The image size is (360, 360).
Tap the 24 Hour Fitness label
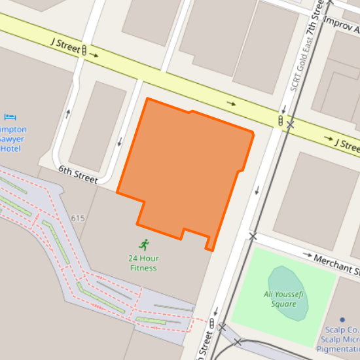pyautogui.click(x=143, y=262)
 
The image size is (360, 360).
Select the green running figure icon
pyautogui.click(x=143, y=245)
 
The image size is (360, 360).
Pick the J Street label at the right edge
pyautogui.click(x=347, y=144)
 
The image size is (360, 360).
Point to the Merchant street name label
pyautogui.click(x=337, y=263)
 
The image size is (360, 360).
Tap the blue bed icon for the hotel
pyautogui.click(x=10, y=117)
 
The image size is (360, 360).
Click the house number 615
pyautogui.click(x=78, y=218)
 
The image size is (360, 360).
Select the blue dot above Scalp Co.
pyautogui.click(x=342, y=319)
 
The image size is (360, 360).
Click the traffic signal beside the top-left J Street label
pyautogui.click(x=84, y=50)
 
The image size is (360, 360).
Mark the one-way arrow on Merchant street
pyautogui.click(x=306, y=254)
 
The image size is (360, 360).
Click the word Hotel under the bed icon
pyautogui.click(x=10, y=149)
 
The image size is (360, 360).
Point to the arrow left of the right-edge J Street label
pyautogui.click(x=328, y=137)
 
